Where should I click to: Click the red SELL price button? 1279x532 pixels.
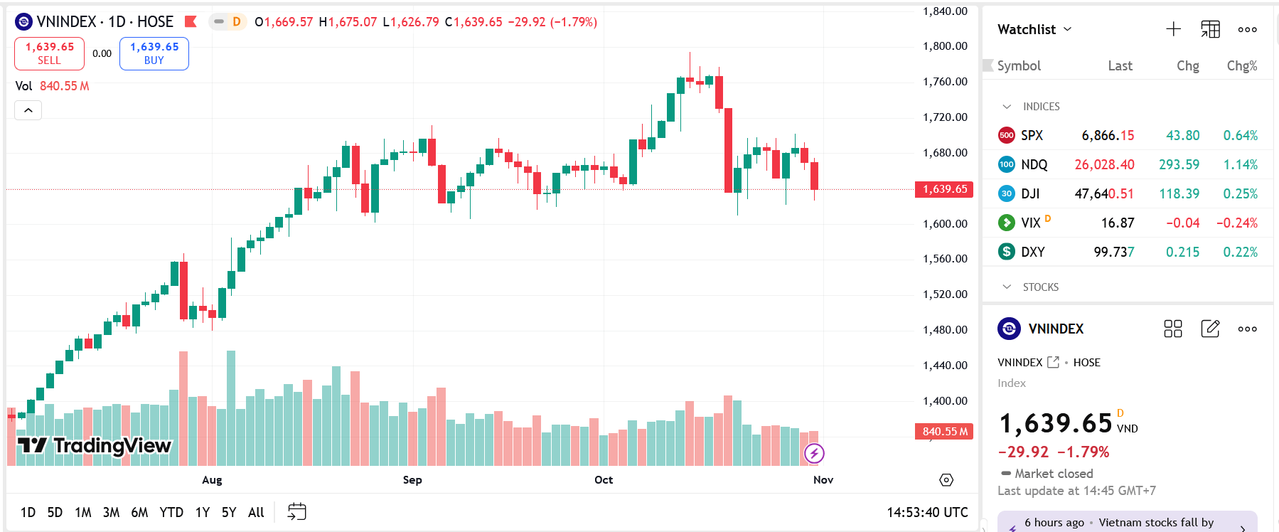[49, 53]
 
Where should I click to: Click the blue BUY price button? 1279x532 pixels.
[154, 53]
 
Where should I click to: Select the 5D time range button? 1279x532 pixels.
[55, 512]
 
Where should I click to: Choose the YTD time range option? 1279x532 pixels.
[171, 512]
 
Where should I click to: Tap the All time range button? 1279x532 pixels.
[256, 512]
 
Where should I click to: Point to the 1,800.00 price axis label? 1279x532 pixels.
[945, 46]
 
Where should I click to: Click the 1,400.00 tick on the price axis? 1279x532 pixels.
[945, 401]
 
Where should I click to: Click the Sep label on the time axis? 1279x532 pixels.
[412, 480]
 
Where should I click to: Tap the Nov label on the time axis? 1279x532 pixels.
[823, 480]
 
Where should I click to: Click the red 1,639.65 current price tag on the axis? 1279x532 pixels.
[944, 189]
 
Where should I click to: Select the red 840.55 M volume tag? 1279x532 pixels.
[944, 432]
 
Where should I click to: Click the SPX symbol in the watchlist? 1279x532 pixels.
[1032, 135]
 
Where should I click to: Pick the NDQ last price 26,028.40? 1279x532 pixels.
[1104, 164]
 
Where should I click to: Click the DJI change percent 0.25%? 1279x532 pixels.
[1240, 193]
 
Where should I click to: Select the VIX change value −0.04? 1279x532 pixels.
[1182, 223]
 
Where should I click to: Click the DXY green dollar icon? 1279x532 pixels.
[1006, 252]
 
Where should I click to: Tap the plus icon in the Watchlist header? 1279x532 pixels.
[1173, 29]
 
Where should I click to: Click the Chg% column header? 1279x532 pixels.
[1241, 65]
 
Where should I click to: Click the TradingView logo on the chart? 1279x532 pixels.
[95, 446]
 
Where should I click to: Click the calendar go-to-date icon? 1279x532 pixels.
[296, 512]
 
